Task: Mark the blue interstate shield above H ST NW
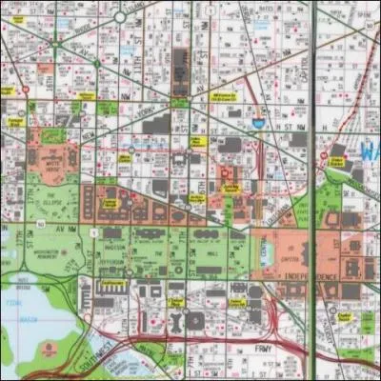point(258,123)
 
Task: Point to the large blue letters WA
point(370,150)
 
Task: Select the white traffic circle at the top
point(120,16)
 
